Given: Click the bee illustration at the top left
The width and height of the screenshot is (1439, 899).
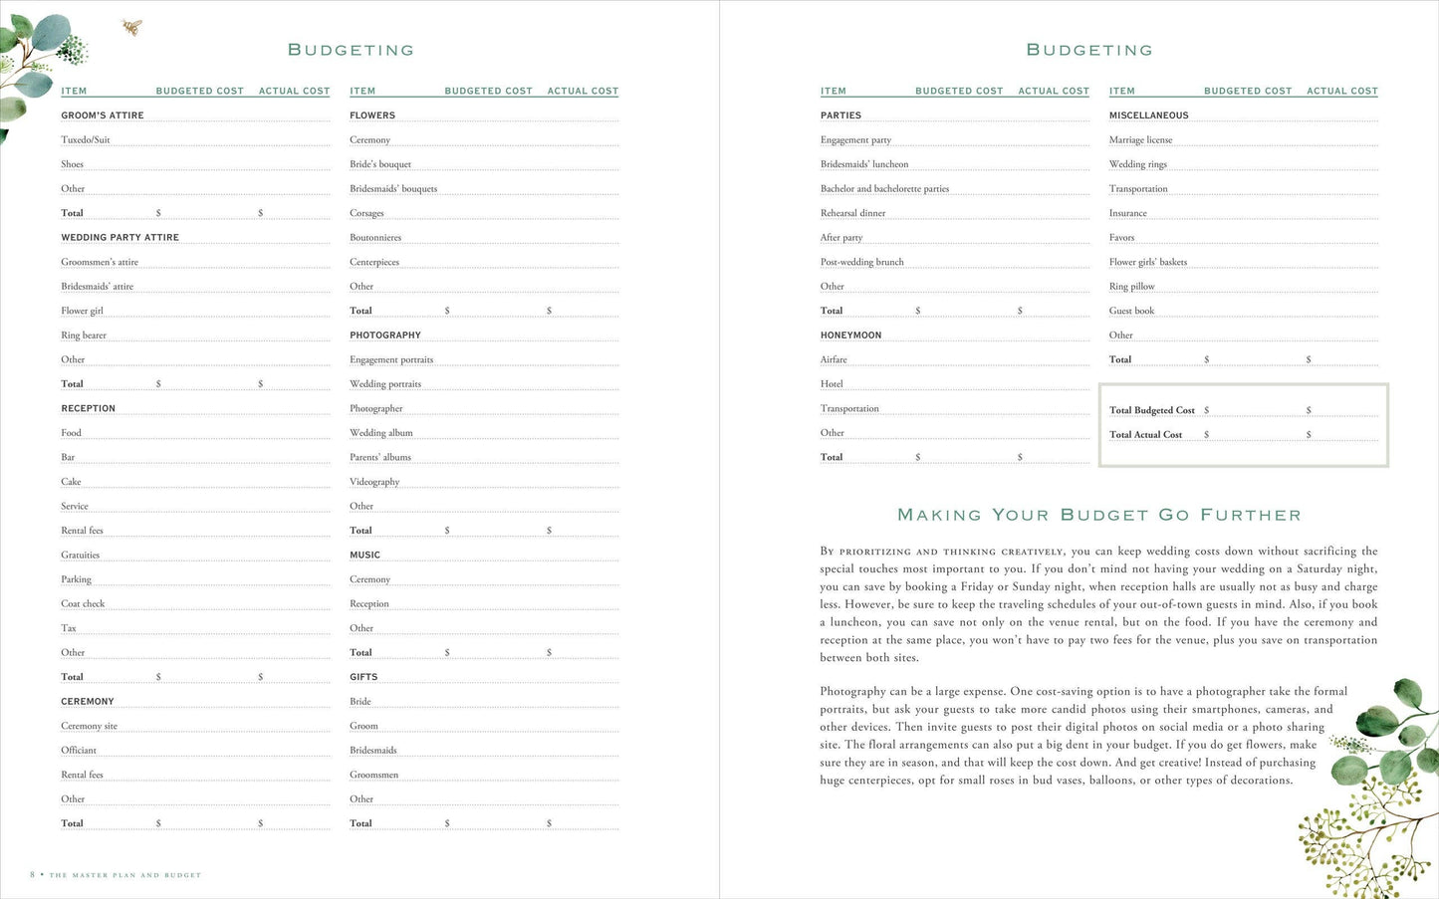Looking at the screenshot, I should tap(131, 27).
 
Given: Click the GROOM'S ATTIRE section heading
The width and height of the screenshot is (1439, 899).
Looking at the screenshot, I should tap(103, 115).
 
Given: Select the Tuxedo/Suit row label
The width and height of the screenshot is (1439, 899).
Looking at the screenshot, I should tap(86, 140).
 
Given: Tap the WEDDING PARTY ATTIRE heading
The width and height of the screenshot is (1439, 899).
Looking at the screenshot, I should tap(120, 238).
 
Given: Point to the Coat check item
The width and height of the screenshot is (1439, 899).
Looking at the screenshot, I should tap(83, 604).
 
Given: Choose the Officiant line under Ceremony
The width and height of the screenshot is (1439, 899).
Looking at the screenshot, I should tap(79, 751).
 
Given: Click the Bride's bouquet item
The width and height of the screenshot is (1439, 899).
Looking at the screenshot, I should tap(380, 164).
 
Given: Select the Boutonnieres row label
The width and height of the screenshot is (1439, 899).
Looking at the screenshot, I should tap(375, 238).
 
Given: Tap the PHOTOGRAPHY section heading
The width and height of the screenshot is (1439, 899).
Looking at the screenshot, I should tap(385, 336).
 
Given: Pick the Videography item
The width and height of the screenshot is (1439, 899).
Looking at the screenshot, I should tap(374, 482).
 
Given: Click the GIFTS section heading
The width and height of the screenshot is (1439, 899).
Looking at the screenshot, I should tap(363, 677).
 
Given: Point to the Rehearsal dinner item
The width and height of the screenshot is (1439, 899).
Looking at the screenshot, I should tap(852, 213).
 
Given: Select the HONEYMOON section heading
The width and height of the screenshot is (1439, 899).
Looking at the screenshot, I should tap(850, 336).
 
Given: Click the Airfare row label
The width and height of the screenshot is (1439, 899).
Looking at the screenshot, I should tap(834, 360).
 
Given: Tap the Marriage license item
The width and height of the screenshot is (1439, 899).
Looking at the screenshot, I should tap(1140, 140).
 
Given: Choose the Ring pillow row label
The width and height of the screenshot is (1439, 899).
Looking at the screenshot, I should tap(1131, 287).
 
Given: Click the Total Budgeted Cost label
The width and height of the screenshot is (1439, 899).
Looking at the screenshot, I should tap(1151, 410).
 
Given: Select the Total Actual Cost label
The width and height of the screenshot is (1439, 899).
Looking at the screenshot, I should tap(1145, 435).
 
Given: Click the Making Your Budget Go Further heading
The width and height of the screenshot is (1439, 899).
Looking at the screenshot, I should tap(1098, 515).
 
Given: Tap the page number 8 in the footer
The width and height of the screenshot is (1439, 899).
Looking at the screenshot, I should tap(33, 875).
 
